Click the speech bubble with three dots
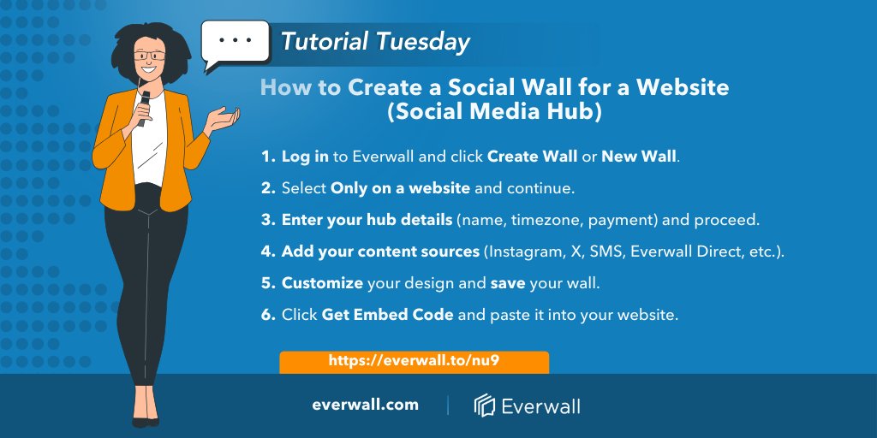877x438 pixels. tap(234, 42)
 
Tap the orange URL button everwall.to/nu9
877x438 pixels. tap(414, 361)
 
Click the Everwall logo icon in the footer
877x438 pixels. tap(485, 405)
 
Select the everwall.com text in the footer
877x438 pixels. tap(365, 405)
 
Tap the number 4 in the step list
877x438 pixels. tap(267, 252)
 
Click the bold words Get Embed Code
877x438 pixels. tap(387, 315)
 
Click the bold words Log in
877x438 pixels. tap(305, 157)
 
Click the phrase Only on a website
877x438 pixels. tap(400, 188)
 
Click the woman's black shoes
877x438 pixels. tap(145, 420)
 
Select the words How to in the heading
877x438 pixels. tap(300, 87)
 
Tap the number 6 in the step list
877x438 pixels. tap(267, 315)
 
